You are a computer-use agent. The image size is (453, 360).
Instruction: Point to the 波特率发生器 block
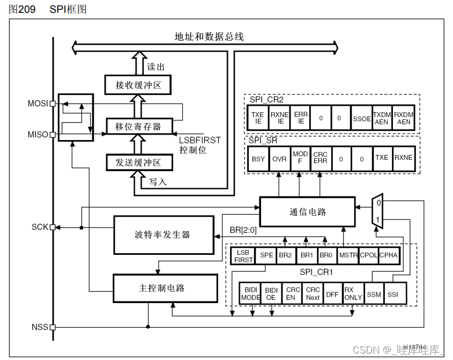[162, 235]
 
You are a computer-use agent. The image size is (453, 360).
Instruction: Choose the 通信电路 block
[307, 211]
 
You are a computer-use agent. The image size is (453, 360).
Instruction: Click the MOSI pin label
[38, 103]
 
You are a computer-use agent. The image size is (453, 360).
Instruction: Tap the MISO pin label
[38, 134]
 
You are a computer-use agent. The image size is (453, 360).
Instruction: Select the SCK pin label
[40, 227]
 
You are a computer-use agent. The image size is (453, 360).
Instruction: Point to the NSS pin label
[40, 327]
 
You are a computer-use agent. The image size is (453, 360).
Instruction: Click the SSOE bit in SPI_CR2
[362, 119]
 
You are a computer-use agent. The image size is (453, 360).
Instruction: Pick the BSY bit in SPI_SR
[258, 159]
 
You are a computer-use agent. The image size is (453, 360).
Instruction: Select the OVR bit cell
[279, 159]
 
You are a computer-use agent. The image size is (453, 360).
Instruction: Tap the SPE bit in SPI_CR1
[266, 255]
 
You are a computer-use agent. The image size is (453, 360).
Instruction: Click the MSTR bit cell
[348, 255]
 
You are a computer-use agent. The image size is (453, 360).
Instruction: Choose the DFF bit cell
[332, 293]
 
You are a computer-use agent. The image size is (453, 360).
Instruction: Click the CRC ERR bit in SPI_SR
[320, 159]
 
